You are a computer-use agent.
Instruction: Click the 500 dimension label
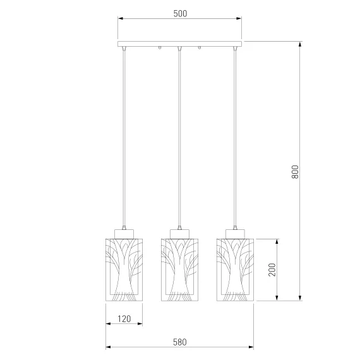[180, 13]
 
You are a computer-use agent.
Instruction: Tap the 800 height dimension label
[295, 172]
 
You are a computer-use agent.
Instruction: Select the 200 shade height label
[272, 270]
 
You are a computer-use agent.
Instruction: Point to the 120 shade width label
[124, 319]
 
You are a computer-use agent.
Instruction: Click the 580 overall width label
[180, 342]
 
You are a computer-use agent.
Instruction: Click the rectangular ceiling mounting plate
[180, 44]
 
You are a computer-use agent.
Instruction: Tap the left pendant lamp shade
[124, 270]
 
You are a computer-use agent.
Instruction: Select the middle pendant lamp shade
[179, 270]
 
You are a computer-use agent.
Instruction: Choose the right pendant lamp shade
[235, 270]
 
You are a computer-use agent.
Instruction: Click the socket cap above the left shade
[124, 234]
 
